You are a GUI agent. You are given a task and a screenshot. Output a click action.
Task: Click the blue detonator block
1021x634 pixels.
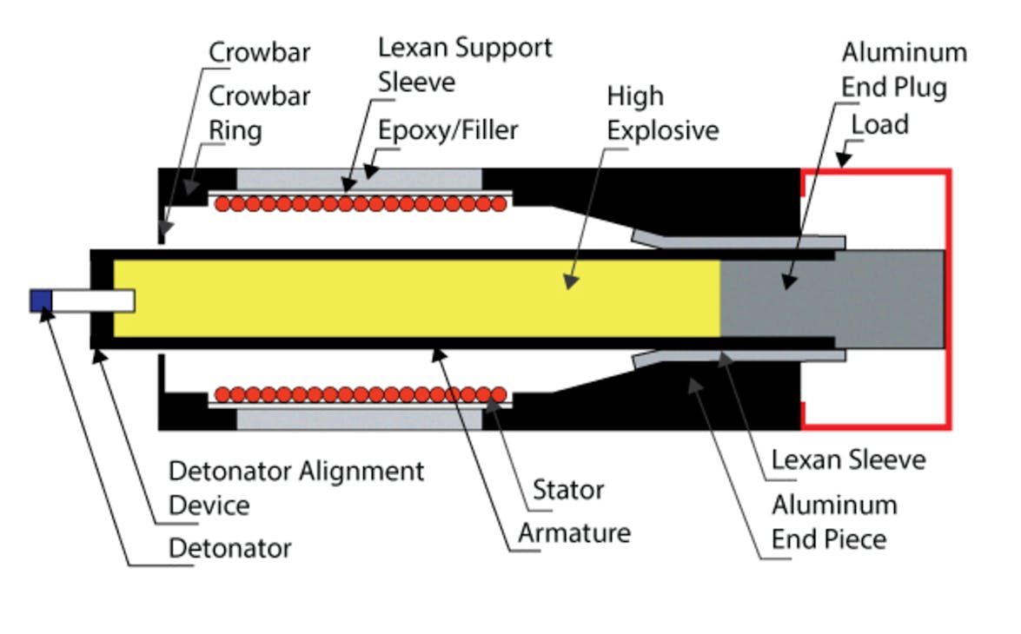click(41, 300)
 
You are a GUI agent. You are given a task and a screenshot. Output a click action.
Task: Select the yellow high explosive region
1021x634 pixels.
click(417, 298)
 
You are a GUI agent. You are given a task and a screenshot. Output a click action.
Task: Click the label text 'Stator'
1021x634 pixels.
click(567, 490)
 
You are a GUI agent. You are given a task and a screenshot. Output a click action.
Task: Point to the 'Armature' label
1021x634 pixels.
click(573, 532)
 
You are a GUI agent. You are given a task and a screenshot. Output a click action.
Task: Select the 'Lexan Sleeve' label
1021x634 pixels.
click(848, 459)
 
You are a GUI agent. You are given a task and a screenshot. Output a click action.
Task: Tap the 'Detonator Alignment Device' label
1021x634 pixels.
click(295, 487)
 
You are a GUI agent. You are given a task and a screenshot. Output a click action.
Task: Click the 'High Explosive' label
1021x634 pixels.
click(662, 113)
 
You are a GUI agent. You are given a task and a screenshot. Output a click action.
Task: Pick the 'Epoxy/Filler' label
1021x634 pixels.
click(448, 130)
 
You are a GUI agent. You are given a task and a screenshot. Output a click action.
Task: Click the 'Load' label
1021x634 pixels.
click(879, 125)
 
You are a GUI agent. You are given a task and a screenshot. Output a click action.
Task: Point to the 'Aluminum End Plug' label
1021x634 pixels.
click(904, 69)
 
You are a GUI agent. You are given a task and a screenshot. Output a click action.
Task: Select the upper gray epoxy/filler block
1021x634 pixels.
click(358, 178)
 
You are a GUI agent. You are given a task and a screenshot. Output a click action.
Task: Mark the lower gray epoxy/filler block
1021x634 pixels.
click(358, 419)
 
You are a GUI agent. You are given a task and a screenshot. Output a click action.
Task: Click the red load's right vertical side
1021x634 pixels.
click(949, 298)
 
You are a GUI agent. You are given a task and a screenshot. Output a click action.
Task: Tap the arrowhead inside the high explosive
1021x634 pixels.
click(569, 282)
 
